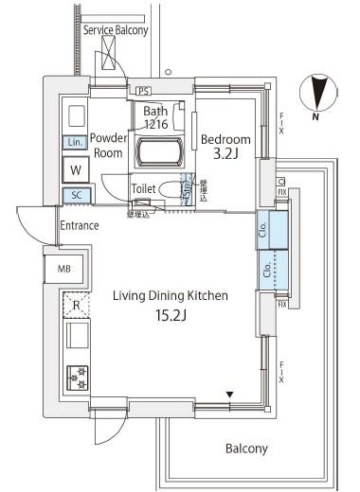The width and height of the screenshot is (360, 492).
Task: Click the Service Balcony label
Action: pyautogui.click(x=116, y=30)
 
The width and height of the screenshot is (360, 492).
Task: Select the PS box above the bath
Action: pyautogui.click(x=143, y=91)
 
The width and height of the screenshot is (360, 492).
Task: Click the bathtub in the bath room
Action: pyautogui.click(x=161, y=151)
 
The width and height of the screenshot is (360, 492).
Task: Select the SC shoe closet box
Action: pyautogui.click(x=76, y=196)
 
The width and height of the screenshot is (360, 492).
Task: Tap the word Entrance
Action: pyautogui.click(x=80, y=225)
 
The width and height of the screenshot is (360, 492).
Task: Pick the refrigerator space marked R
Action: pyautogui.click(x=76, y=304)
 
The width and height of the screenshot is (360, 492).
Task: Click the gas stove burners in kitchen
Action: pyautogui.click(x=76, y=377)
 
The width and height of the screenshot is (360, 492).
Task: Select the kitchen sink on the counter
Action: pyautogui.click(x=76, y=337)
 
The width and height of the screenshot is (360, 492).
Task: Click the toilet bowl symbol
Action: pyautogui.click(x=171, y=189)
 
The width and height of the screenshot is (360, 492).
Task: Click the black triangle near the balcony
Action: pyautogui.click(x=228, y=393)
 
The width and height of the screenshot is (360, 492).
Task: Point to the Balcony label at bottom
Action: pyautogui.click(x=246, y=448)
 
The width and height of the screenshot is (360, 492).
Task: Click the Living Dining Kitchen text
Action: pyautogui.click(x=171, y=295)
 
